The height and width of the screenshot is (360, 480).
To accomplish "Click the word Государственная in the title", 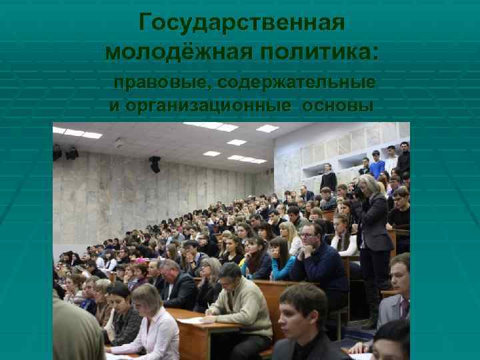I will pos(241,23).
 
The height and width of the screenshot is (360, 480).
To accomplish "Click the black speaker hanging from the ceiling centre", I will pos(155,164).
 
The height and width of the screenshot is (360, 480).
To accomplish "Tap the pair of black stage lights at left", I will pos(65,153).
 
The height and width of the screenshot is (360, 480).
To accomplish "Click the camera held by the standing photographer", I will pos(358,191).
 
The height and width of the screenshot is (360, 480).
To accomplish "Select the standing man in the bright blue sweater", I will pos(377,164).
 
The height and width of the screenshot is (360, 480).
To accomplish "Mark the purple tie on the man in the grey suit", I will pos(404,307).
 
